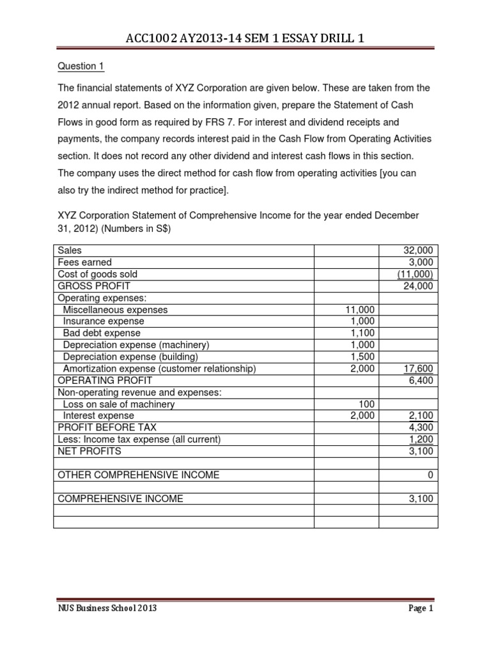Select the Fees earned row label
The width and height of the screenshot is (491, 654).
84,262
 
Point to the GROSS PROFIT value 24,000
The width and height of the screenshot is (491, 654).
418,286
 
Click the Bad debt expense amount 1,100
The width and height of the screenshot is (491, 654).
361,333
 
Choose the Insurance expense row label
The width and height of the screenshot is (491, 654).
104,321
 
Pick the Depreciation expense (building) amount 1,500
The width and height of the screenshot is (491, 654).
361,356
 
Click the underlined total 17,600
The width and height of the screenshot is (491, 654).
419,368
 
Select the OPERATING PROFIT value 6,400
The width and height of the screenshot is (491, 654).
421,380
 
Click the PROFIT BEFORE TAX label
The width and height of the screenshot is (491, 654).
107,427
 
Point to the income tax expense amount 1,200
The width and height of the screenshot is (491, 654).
421,439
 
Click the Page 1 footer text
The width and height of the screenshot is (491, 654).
421,627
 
